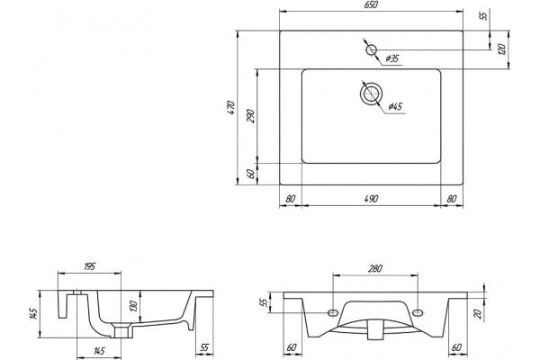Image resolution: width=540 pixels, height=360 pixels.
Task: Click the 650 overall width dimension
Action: [371, 4]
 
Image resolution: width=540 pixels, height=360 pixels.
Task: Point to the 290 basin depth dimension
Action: [251, 116]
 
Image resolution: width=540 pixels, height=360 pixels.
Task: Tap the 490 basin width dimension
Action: [371, 199]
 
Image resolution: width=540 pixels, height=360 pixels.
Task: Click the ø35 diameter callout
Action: [391, 58]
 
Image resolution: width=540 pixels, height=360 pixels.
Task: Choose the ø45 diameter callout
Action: [395, 106]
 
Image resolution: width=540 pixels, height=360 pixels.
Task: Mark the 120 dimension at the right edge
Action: [502, 49]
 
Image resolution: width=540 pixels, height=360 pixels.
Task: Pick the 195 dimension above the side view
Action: [89, 266]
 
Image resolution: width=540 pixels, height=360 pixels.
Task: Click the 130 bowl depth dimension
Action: [133, 306]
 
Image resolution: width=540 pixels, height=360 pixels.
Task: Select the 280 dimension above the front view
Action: [375, 268]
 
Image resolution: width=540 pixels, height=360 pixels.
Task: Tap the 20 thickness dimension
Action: [477, 314]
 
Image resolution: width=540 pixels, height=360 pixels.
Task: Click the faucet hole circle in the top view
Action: [371, 50]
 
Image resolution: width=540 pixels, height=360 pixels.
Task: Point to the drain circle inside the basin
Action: [371, 93]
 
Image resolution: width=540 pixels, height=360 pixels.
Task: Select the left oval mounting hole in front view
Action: [333, 312]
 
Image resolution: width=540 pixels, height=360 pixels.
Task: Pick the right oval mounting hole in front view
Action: [418, 312]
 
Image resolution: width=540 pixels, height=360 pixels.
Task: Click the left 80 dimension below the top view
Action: [291, 199]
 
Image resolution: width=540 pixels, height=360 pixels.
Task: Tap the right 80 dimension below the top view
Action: [452, 199]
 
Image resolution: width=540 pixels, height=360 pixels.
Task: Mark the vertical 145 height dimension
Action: [33, 314]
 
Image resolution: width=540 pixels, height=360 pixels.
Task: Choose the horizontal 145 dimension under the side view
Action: [99, 351]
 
